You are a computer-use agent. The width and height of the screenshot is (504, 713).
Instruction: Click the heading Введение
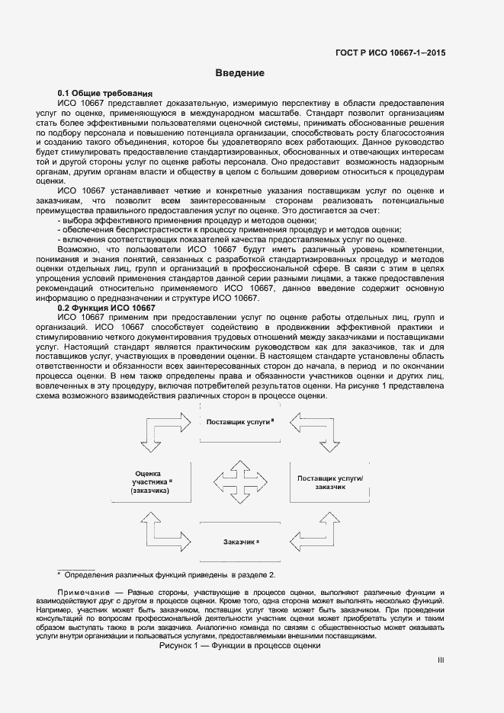click(239, 74)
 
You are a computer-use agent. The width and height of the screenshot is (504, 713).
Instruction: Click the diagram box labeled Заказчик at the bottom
click(241, 541)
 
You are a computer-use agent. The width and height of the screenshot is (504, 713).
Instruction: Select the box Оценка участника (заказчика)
click(150, 481)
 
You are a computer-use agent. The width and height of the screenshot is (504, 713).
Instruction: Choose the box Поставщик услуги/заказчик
click(330, 481)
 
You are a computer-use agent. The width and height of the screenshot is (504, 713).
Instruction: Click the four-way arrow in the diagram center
click(241, 481)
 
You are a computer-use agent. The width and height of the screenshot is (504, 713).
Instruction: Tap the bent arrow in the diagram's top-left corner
click(159, 433)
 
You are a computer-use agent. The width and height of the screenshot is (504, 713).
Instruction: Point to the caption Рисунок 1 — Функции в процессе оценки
click(240, 645)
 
